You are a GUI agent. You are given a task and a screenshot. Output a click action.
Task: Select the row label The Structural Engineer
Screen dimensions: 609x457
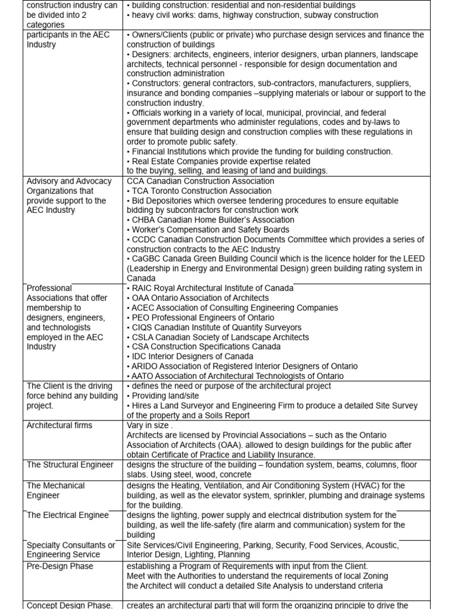[x=70, y=464]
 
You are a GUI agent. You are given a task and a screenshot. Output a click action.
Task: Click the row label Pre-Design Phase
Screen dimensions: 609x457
[x=60, y=566]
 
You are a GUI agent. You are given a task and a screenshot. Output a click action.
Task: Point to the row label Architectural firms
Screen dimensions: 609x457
[x=60, y=425]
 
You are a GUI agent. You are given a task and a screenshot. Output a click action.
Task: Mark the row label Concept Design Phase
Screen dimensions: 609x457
[x=70, y=605]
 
